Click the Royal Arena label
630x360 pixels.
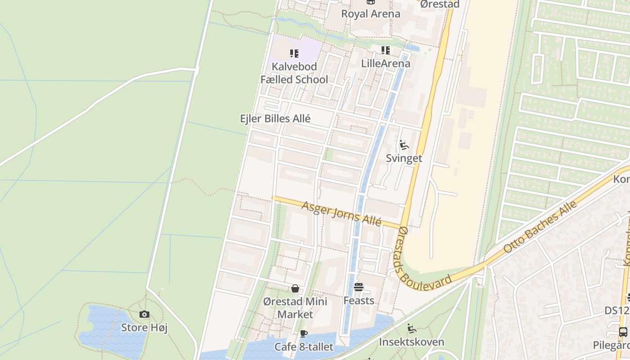coord(370,14)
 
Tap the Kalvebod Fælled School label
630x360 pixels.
coord(294,73)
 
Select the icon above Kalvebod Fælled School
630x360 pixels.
coord(294,54)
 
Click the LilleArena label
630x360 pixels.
coord(386,63)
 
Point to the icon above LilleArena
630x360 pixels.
coord(386,50)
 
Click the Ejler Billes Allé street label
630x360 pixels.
coord(275,119)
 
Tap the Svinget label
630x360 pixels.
coord(404,158)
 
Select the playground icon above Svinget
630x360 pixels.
coord(404,145)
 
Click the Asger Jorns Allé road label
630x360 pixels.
coord(342,214)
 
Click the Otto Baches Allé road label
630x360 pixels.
coord(540,227)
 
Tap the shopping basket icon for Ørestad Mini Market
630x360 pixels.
coord(295,288)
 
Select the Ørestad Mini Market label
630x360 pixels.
coord(295,308)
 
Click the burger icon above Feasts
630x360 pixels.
coord(359,287)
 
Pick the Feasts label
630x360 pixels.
coord(359,300)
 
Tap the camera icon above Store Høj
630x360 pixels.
coord(144,315)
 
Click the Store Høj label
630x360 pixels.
coord(144,328)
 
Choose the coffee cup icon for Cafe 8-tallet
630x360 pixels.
coord(304,334)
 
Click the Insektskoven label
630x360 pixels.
coord(411,342)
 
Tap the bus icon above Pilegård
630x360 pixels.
coord(623,333)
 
